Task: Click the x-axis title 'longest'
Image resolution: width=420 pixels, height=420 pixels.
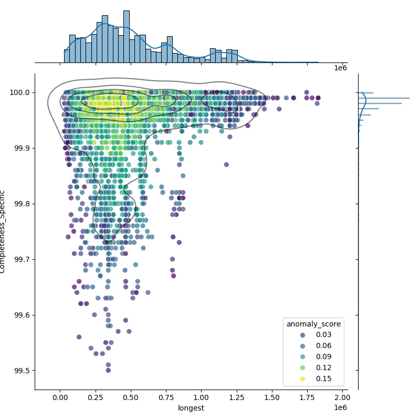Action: (x=191, y=408)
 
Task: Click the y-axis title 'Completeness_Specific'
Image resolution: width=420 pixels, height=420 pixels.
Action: (x=3, y=232)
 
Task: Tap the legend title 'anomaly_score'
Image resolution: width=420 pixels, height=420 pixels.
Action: (x=313, y=324)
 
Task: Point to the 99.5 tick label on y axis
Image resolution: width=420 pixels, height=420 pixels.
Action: (x=22, y=371)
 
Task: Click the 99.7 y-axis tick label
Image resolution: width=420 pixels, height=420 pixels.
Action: (x=22, y=259)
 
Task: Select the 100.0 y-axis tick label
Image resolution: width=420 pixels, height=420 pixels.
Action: (x=20, y=92)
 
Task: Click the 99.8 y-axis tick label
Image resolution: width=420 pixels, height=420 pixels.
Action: (x=22, y=204)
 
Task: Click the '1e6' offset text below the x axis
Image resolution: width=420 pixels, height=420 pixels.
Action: (x=340, y=408)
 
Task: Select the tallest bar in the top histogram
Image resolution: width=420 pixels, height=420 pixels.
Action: (x=126, y=37)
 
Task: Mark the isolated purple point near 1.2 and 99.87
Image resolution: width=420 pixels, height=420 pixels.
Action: (x=226, y=164)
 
